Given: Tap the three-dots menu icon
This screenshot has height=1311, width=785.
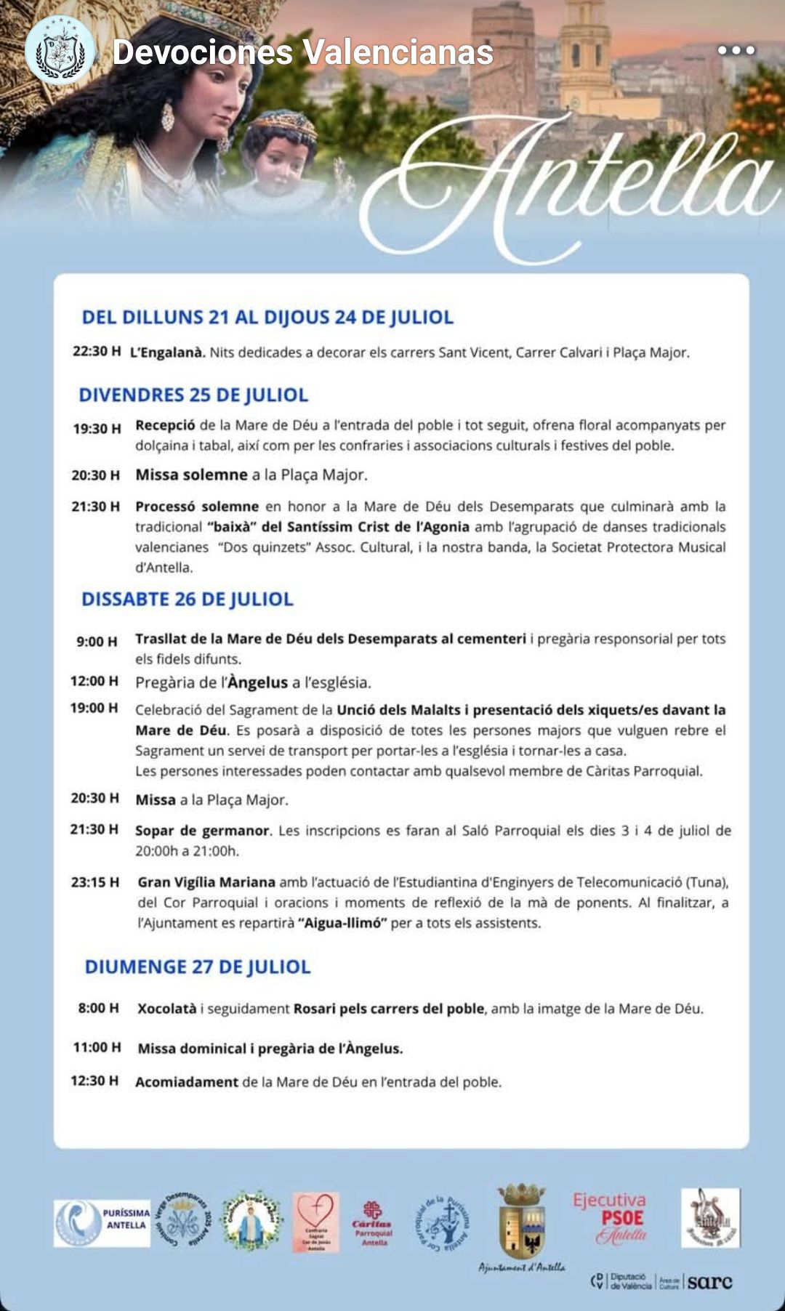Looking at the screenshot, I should tap(736, 50).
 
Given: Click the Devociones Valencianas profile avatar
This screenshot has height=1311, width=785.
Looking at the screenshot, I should tap(60, 51).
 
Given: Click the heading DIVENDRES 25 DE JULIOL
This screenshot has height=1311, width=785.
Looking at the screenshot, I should tap(193, 395).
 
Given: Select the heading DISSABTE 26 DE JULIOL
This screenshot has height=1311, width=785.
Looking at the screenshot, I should tap(188, 599).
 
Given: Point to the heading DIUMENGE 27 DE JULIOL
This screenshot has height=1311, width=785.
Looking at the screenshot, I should tap(198, 967).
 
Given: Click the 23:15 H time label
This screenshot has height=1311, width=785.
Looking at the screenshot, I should tap(94, 882).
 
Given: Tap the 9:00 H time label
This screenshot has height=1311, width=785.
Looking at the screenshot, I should tap(97, 641).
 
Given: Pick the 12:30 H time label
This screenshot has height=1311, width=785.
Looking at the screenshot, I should tap(94, 1081).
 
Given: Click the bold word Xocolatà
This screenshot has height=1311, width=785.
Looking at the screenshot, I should tap(167, 1008).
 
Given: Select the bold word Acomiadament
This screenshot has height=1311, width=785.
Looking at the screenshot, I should tap(187, 1081).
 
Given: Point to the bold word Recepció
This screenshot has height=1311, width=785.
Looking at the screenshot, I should tap(165, 425).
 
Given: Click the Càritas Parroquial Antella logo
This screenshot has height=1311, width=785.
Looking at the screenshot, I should tap(373, 1222).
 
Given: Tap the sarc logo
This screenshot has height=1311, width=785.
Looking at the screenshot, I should tap(709, 1282).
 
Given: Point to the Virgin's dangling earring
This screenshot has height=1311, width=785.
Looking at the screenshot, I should tap(167, 116).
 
